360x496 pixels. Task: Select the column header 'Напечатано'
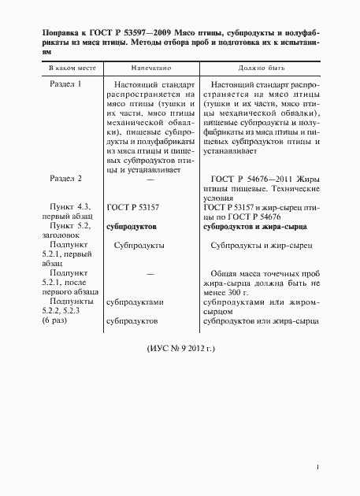[x=147, y=69]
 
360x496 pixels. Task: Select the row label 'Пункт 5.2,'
[x=65, y=225]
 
